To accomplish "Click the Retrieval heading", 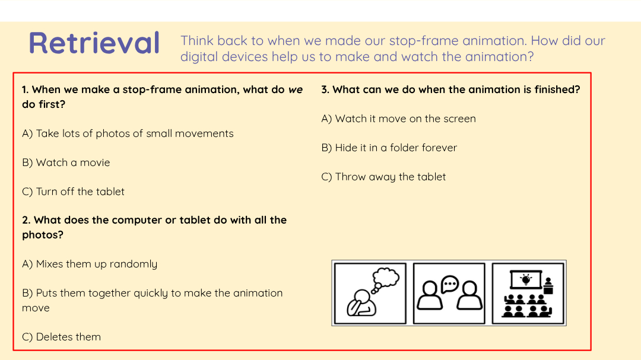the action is point(94,43).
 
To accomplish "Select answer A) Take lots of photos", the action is point(128,133).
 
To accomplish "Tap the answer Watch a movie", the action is point(66,163).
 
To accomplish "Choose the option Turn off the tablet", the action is point(73,192).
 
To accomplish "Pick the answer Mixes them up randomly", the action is point(90,265).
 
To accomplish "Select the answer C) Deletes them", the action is point(61,337).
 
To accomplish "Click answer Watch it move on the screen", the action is point(399,119).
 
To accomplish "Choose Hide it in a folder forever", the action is point(389,148).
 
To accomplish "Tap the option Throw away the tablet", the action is point(383,177).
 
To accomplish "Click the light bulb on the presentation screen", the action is point(526,279).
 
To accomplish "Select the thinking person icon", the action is point(370,293).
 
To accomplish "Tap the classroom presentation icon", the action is point(528,293).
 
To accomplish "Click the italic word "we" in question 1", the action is point(296,90).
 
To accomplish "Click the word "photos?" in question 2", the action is point(43,235).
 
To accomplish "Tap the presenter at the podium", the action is point(548,286).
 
